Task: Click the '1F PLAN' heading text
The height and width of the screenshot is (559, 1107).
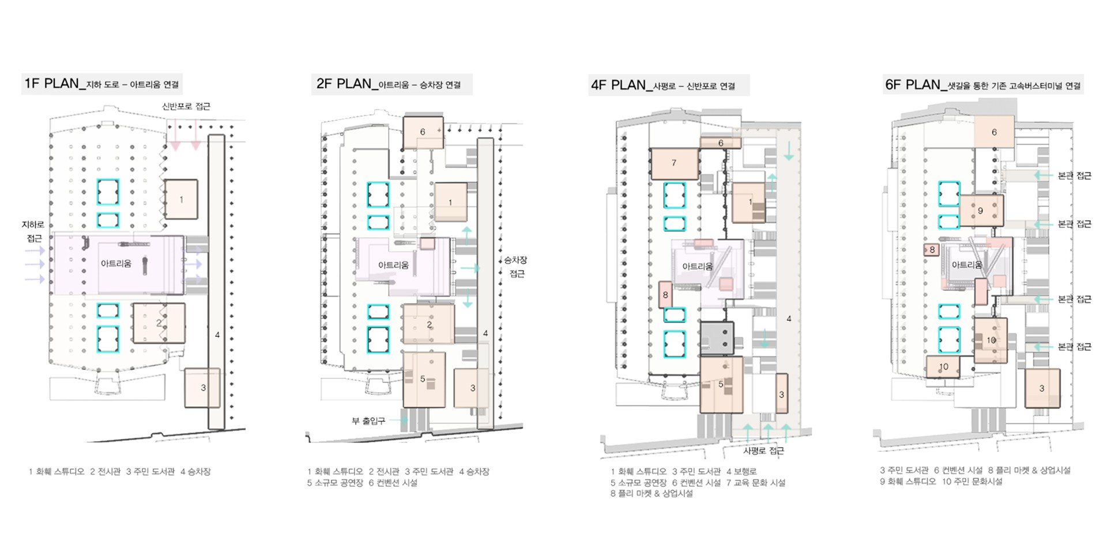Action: [x=51, y=84]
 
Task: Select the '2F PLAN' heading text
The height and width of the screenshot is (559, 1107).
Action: [x=344, y=84]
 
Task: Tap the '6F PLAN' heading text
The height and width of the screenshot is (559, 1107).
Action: [x=913, y=85]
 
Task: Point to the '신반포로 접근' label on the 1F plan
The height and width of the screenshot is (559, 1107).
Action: [x=186, y=106]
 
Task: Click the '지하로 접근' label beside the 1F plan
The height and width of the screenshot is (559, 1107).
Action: [x=33, y=231]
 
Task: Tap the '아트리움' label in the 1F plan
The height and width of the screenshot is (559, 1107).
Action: [x=116, y=264]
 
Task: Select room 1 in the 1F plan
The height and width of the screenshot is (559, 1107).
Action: [x=181, y=199]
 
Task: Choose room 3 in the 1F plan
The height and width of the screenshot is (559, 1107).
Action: [x=202, y=388]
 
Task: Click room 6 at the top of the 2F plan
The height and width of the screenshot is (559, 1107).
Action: [x=423, y=132]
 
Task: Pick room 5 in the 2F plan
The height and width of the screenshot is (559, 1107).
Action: [x=424, y=380]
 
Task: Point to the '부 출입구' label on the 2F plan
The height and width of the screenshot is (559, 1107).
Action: [x=368, y=421]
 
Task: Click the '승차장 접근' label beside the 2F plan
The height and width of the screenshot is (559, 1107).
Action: [x=516, y=267]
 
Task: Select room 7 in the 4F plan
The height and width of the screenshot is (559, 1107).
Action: [x=674, y=163]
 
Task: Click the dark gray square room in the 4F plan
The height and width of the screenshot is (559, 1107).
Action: [x=717, y=338]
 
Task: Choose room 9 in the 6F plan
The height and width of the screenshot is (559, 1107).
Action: [x=981, y=211]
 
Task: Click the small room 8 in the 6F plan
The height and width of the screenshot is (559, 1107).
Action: [x=931, y=250]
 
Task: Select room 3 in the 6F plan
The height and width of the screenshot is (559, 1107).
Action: [x=1042, y=388]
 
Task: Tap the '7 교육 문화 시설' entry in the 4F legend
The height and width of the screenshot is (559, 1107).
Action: [x=756, y=483]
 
